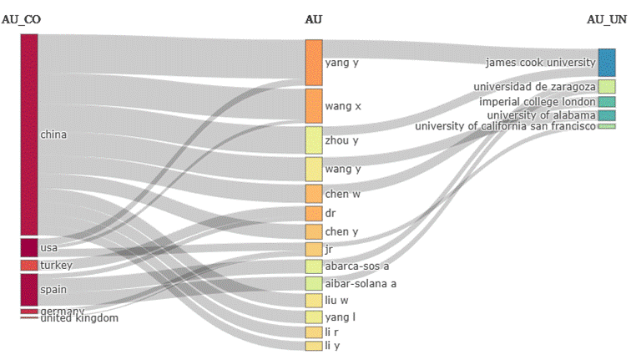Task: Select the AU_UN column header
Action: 608,19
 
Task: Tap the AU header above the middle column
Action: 314,19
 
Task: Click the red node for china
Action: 29,134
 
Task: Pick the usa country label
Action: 48,248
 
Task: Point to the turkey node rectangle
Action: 29,266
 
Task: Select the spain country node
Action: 29,289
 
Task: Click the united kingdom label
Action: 79,318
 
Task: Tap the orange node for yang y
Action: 313,62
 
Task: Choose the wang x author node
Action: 313,106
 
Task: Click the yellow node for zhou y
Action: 313,139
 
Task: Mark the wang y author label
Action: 342,170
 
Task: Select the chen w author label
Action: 342,195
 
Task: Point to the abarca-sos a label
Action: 357,266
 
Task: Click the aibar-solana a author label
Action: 361,284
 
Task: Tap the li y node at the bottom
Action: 313,346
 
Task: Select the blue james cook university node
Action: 607,63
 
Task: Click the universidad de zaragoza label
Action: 533,87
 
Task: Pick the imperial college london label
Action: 537,102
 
